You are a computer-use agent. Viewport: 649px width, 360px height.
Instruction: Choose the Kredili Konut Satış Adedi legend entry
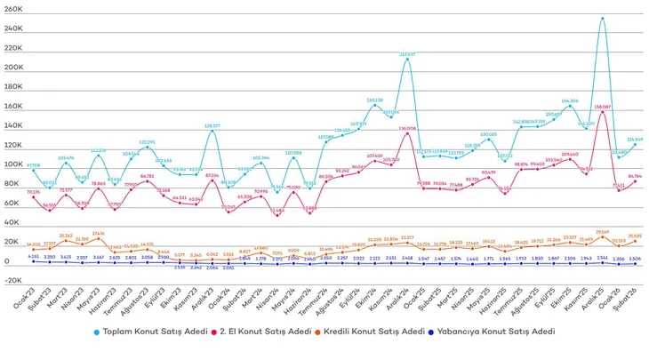pyautogui.click(x=378, y=331)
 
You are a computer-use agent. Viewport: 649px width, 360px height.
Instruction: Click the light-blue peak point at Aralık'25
pyautogui.click(x=603, y=18)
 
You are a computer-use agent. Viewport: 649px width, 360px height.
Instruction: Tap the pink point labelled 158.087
pyautogui.click(x=603, y=110)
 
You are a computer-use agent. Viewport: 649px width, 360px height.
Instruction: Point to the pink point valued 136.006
pyautogui.click(x=407, y=132)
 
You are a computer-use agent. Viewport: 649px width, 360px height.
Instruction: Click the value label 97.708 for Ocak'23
pyautogui.click(x=33, y=165)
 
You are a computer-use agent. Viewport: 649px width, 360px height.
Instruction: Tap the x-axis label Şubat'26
pyautogui.click(x=631, y=285)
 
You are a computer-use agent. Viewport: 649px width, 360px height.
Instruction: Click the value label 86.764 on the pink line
pyautogui.click(x=635, y=176)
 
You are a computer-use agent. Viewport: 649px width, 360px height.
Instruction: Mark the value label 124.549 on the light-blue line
pyautogui.click(x=635, y=140)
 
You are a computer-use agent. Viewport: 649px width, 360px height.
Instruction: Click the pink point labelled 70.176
pyautogui.click(x=34, y=196)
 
